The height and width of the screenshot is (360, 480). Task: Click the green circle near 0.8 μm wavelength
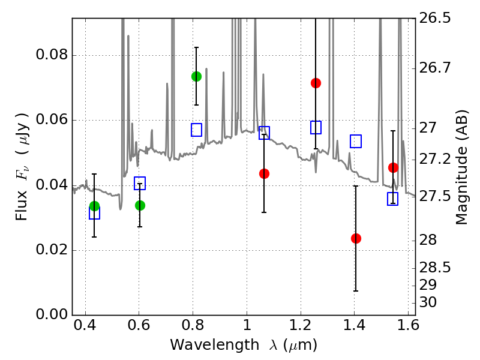196,77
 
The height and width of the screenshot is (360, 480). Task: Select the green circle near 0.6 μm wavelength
140,205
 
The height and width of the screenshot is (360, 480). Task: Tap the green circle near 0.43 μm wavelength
95,206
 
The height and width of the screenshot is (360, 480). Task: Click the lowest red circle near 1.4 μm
356,238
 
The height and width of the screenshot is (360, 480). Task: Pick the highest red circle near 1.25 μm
316,83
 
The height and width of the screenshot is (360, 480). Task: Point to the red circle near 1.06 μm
264,173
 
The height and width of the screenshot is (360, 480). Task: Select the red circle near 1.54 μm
393,167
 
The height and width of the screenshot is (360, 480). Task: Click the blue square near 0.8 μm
196,130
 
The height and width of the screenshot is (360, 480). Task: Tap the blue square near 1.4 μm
356,141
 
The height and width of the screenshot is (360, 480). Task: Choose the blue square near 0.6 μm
140,183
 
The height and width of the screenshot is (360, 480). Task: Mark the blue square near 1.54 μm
392,199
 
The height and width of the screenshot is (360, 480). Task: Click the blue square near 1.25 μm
316,127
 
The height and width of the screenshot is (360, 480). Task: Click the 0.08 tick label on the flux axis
52,55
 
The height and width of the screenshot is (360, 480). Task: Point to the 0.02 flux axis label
52,250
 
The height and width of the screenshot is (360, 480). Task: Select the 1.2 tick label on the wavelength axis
301,325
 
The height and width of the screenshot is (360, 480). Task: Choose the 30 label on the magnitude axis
428,302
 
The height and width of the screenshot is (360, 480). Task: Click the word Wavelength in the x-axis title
215,345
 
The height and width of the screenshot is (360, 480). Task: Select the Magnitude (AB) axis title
461,167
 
